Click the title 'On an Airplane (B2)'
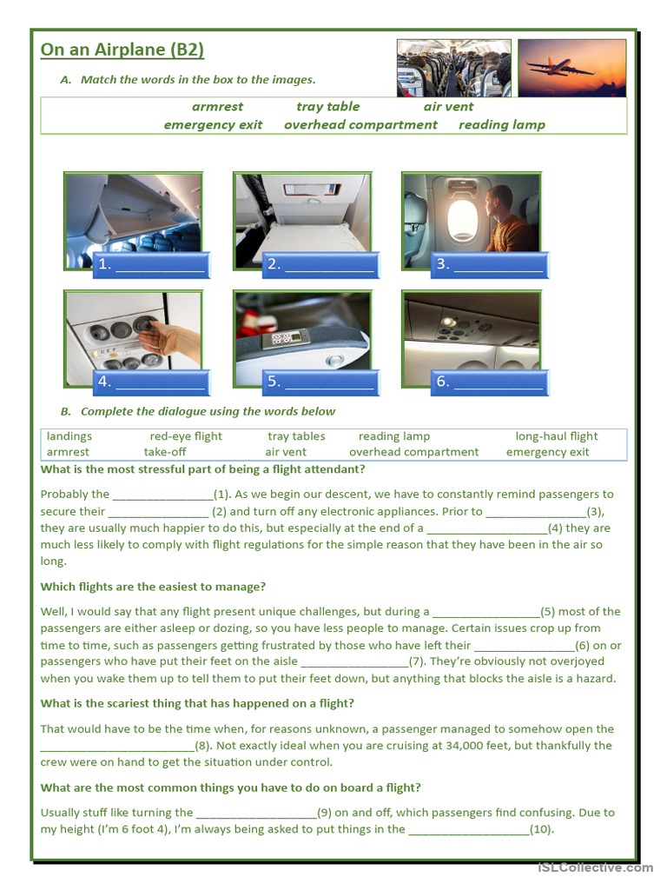pyautogui.click(x=122, y=50)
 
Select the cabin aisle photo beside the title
pyautogui.click(x=454, y=68)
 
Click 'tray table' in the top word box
pyautogui.click(x=327, y=107)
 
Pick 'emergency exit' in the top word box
pyautogui.click(x=213, y=125)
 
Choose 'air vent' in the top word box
pyautogui.click(x=448, y=107)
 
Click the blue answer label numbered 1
pyautogui.click(x=151, y=265)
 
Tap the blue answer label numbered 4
pyautogui.click(x=151, y=382)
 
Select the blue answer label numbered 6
pyautogui.click(x=490, y=382)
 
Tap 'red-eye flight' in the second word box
pyautogui.click(x=186, y=436)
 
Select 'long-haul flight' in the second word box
pyautogui.click(x=557, y=436)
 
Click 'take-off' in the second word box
pyautogui.click(x=165, y=452)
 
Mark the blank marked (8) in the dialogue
pyautogui.click(x=117, y=746)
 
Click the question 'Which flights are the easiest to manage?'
pyautogui.click(x=153, y=587)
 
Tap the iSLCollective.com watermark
pyautogui.click(x=595, y=867)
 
